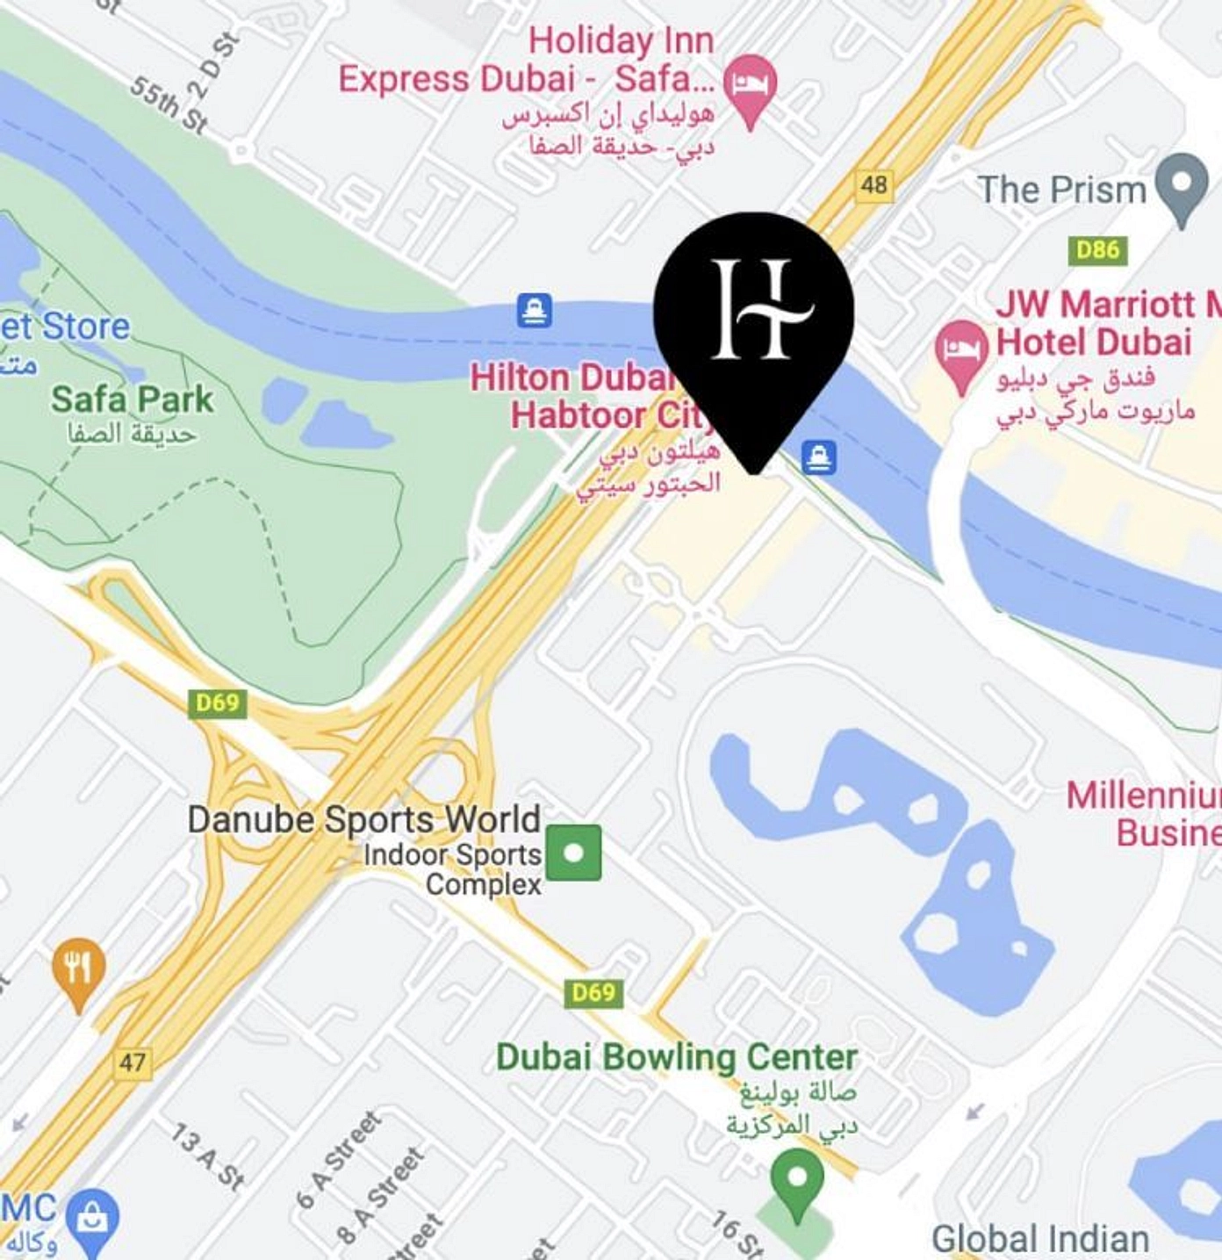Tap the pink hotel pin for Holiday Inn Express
[x=750, y=83]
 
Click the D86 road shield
[x=1097, y=250]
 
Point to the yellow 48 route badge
[x=873, y=185]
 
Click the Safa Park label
[x=132, y=400]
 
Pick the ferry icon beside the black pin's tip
[x=818, y=457]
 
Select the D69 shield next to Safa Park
[x=217, y=703]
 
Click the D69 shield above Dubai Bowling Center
[x=593, y=992]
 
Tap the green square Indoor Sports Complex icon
[x=574, y=852]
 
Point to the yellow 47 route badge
[x=132, y=1062]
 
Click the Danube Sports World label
[x=363, y=819]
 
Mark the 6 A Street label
[x=339, y=1159]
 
